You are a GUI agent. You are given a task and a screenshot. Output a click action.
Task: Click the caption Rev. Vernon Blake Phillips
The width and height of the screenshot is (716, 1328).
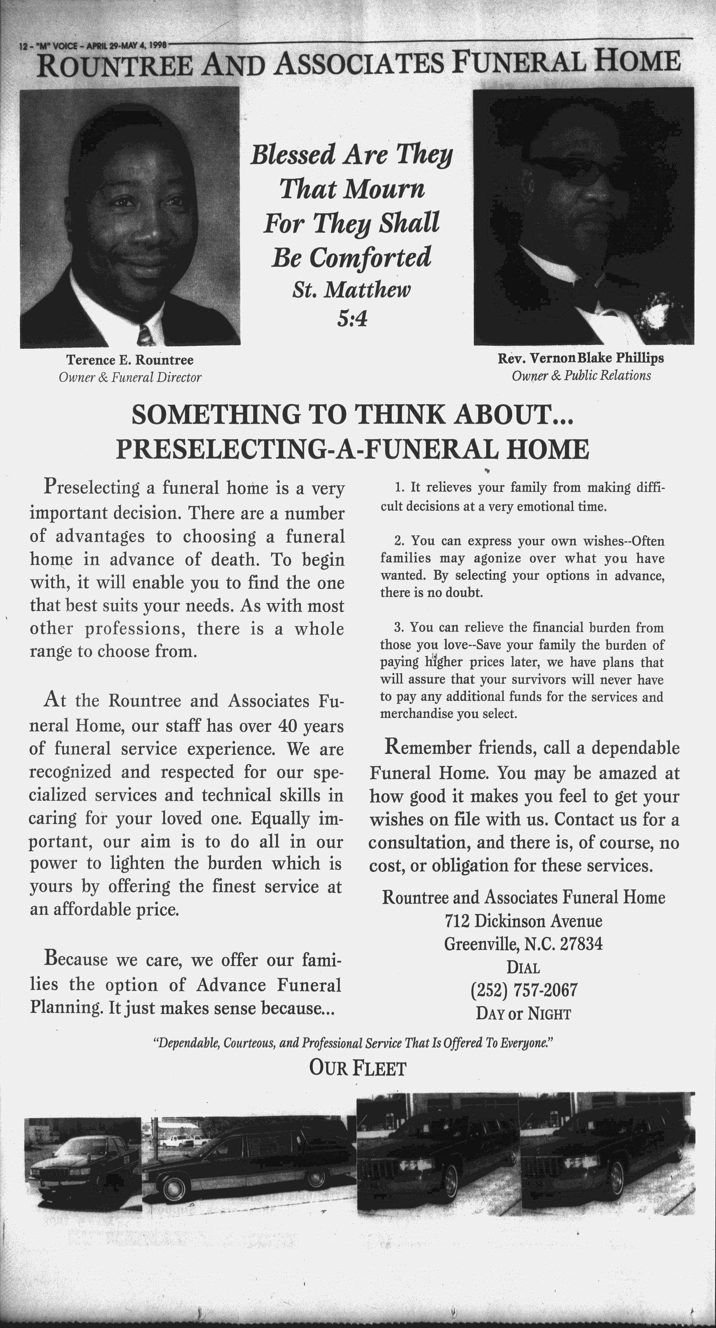tap(581, 358)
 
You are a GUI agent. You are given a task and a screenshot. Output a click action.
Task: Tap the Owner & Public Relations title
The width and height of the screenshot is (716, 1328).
tap(581, 376)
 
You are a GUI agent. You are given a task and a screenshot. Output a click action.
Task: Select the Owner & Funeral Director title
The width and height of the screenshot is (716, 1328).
tap(130, 378)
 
